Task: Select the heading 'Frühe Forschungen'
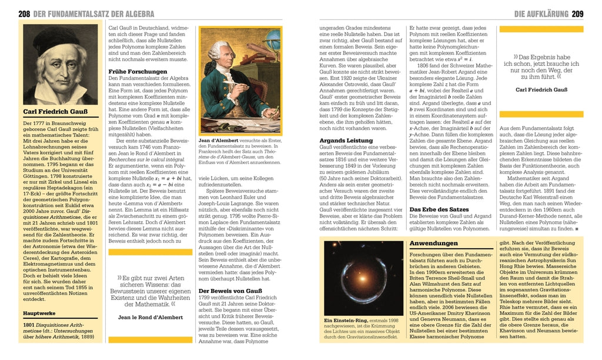(138, 72)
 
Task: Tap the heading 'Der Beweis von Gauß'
(230, 291)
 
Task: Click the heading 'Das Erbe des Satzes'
(439, 209)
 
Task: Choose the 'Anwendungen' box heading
(434, 244)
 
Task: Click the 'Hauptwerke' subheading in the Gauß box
(40, 314)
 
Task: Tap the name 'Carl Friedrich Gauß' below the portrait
(56, 111)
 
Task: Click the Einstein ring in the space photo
(362, 278)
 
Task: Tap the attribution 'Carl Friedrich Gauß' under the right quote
(540, 89)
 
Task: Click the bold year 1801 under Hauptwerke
(29, 325)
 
